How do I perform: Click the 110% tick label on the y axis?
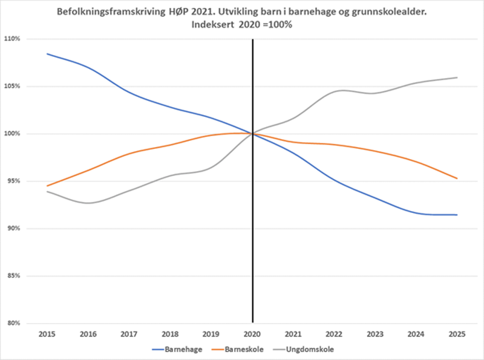[13, 39]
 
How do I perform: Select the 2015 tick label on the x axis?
[47, 334]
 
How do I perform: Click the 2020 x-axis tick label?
[252, 334]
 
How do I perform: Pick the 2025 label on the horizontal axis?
[457, 334]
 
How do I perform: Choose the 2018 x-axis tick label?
[170, 334]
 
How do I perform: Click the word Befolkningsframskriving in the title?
[102, 11]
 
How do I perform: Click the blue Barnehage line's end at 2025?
[457, 215]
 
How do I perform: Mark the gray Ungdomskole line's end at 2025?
[457, 77]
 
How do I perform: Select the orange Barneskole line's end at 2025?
[457, 178]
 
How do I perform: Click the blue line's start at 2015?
[47, 54]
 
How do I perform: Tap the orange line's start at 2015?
[47, 186]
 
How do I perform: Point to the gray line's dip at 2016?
[88, 203]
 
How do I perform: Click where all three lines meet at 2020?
[252, 133]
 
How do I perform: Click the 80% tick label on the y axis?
[13, 323]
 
